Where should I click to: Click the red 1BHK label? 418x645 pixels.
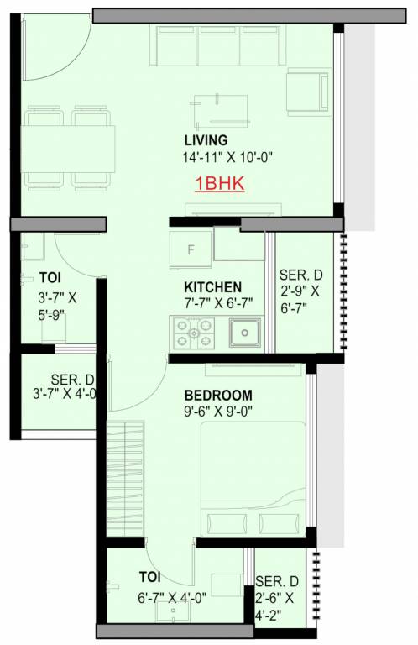coord(219,184)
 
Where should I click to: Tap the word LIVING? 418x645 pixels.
coord(206,139)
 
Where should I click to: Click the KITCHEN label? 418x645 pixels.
coord(213,286)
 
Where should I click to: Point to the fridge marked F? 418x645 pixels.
coord(191,249)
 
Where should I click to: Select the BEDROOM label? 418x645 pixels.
coord(218,396)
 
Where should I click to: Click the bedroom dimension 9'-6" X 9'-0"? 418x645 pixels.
coord(218,412)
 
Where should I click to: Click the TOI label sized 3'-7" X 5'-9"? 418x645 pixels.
coord(49,276)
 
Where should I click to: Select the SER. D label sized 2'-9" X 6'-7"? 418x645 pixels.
coord(299,275)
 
